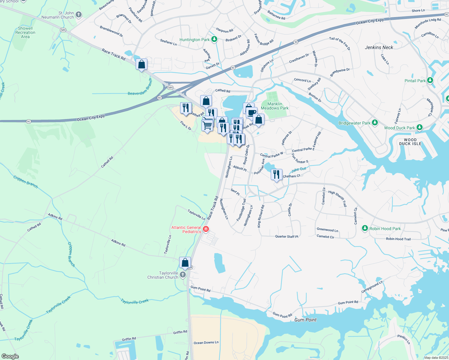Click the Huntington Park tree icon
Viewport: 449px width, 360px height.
coord(214,39)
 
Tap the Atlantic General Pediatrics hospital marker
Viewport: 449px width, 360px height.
coord(206,229)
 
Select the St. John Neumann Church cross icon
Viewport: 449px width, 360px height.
coord(79,15)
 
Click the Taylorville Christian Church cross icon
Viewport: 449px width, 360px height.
coord(183,275)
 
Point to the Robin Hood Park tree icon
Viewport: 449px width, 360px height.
coord(365,228)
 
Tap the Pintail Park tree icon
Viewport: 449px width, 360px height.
coord(430,80)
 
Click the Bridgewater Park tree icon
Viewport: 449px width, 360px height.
coord(375,123)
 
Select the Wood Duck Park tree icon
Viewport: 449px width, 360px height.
coord(420,127)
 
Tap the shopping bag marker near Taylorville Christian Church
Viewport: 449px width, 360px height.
coord(185,263)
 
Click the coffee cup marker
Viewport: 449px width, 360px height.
coord(252,113)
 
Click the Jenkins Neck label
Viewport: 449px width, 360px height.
coord(379,47)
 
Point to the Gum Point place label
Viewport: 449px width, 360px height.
coord(305,320)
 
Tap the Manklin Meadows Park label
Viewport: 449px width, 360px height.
coord(275,106)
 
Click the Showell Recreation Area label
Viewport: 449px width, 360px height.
coord(25,32)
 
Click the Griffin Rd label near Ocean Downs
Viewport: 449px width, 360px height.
coord(180,332)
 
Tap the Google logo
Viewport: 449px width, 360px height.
coord(10,356)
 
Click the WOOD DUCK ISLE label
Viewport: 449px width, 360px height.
coord(410,142)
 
